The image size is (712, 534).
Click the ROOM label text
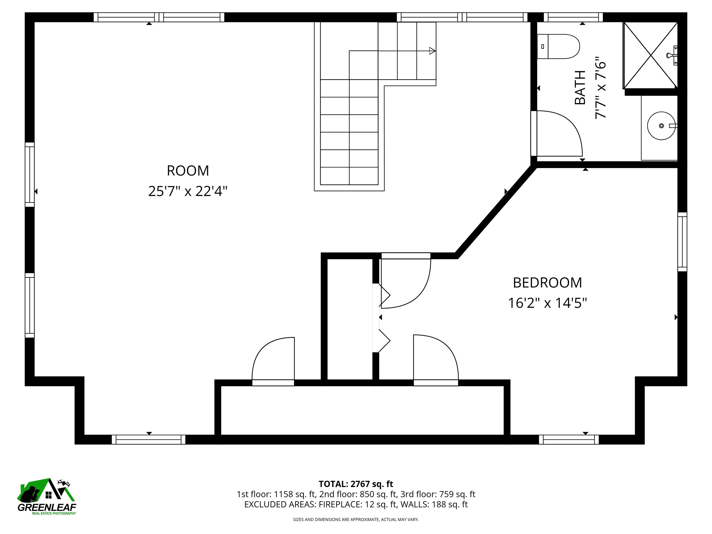(x=188, y=171)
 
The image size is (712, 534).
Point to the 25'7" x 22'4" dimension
(x=188, y=191)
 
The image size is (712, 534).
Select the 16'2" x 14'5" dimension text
(x=547, y=303)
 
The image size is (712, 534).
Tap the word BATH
(x=580, y=88)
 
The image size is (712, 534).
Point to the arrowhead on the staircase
(x=433, y=51)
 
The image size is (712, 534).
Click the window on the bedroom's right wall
(x=682, y=242)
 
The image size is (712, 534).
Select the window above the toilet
(x=573, y=17)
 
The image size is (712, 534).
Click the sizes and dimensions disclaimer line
(x=356, y=520)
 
